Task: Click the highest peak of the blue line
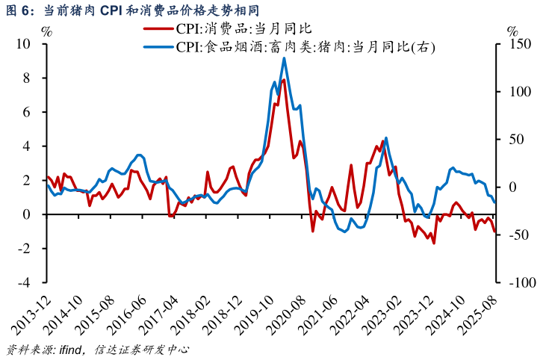pyautogui.click(x=284, y=58)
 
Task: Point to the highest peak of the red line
pyautogui.click(x=284, y=79)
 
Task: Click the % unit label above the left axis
pyautogui.click(x=47, y=31)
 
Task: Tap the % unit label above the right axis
pyautogui.click(x=512, y=31)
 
